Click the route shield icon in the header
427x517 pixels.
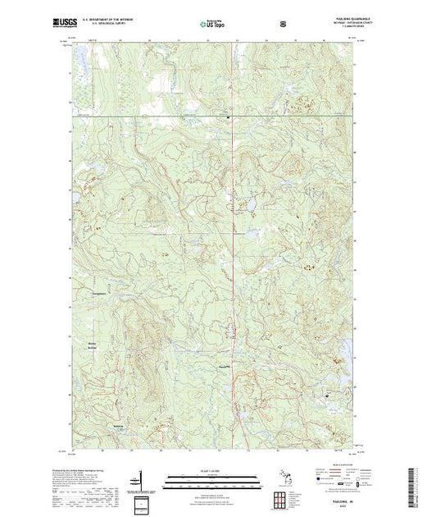coord(284,23)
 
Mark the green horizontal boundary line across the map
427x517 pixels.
coord(164,116)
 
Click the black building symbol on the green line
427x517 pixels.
coord(228,117)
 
